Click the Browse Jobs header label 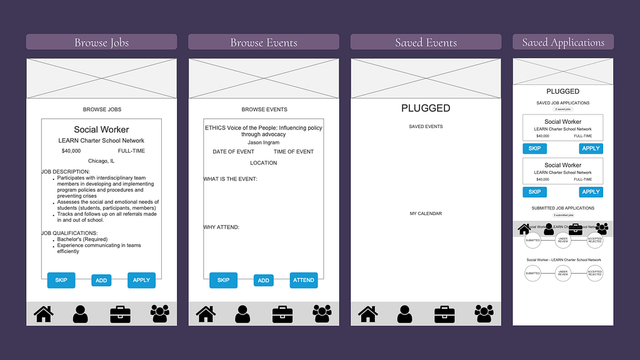101,42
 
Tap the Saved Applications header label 563,42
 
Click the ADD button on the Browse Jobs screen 101,281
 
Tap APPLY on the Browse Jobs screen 141,280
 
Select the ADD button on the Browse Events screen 264,281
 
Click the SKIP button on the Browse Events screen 223,280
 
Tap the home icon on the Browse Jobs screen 43,313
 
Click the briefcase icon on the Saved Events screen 444,313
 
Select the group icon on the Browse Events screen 322,313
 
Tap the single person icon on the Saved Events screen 404,313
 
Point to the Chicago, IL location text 101,161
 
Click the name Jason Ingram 264,143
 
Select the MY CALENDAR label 426,214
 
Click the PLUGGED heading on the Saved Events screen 426,108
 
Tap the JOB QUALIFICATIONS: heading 69,233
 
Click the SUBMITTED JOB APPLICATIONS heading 563,208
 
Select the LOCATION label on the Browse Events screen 264,163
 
